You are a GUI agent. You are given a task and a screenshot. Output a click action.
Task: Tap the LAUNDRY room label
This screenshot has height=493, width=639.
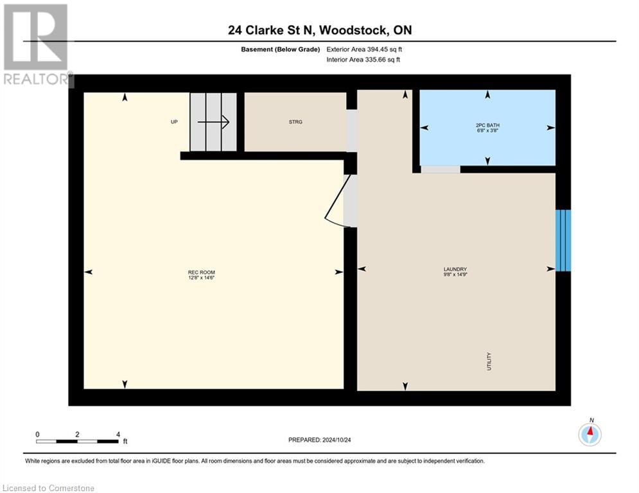point(455,272)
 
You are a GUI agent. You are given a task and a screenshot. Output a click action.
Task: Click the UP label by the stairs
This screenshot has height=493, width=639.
point(174,122)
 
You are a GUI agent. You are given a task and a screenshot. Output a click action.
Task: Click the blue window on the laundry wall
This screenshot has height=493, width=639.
point(563,240)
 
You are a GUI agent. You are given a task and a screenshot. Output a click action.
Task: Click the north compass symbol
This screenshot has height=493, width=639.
point(590,435)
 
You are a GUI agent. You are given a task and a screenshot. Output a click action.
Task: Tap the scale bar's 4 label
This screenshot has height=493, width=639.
point(118,435)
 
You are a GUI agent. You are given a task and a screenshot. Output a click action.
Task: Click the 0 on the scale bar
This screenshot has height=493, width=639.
point(38,435)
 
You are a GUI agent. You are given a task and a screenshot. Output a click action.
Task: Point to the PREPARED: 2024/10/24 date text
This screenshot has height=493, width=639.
point(320,440)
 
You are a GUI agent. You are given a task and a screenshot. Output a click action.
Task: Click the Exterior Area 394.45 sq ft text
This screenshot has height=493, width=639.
point(364,49)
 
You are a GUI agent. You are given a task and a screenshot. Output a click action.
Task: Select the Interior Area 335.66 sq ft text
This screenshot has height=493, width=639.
point(364,60)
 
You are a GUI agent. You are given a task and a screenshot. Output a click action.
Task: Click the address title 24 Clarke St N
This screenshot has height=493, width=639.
point(319,30)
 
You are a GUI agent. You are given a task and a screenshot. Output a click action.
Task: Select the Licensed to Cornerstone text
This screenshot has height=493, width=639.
point(49,488)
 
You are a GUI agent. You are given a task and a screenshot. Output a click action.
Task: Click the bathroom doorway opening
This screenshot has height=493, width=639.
point(441,169)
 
